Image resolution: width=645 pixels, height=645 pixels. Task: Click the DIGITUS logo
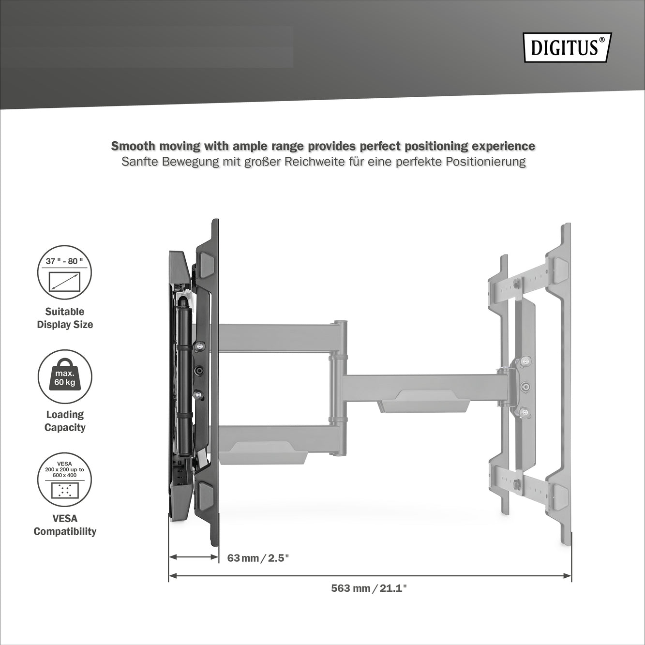(568, 47)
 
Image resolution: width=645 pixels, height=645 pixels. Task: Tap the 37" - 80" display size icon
(64, 272)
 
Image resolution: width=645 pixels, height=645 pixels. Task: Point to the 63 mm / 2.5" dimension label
(258, 558)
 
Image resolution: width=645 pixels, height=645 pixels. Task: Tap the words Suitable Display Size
(65, 318)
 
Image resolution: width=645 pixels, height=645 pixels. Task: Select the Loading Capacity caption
(65, 421)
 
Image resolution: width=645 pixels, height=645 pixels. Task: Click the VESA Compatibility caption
(65, 525)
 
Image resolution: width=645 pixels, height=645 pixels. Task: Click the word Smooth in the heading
(133, 146)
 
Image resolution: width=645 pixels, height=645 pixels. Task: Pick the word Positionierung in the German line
(486, 162)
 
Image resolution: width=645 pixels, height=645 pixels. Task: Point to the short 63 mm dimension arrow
(194, 557)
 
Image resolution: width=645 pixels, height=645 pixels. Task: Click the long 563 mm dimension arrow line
(370, 576)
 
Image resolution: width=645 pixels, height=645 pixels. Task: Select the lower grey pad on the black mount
(207, 491)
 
